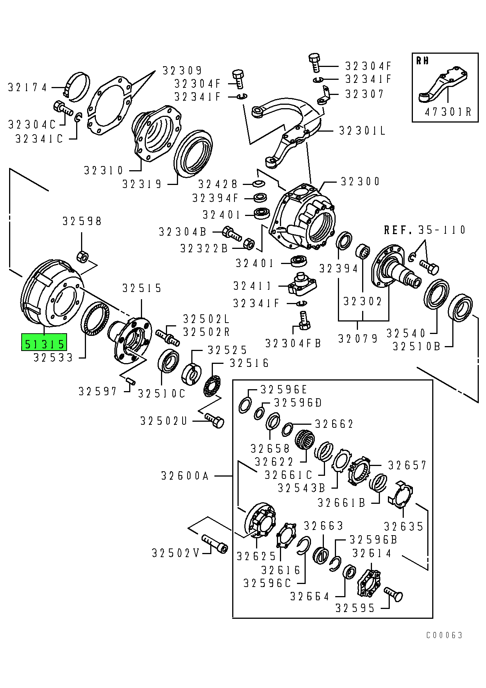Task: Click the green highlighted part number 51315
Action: click(x=44, y=343)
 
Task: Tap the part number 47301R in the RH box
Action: click(x=448, y=112)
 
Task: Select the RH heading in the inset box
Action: click(x=422, y=61)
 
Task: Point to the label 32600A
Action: click(x=185, y=476)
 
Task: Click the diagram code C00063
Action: click(x=444, y=635)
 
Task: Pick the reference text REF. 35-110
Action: click(x=425, y=230)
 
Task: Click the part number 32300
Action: click(x=360, y=182)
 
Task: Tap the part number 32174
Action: click(x=28, y=88)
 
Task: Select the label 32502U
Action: click(x=164, y=421)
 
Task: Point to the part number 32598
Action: click(x=82, y=221)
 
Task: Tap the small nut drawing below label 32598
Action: click(x=83, y=256)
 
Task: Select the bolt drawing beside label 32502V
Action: click(x=215, y=544)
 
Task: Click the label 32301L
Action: click(x=362, y=131)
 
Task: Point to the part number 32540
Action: click(x=406, y=333)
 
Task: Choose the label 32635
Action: click(x=403, y=526)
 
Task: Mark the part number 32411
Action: click(x=252, y=286)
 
